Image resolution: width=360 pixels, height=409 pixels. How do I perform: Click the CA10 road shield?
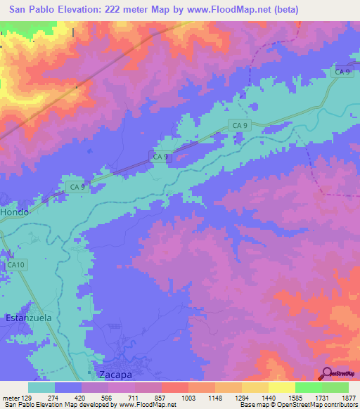(x=16, y=264)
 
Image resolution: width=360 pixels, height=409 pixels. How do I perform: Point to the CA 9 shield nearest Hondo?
(x=77, y=187)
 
